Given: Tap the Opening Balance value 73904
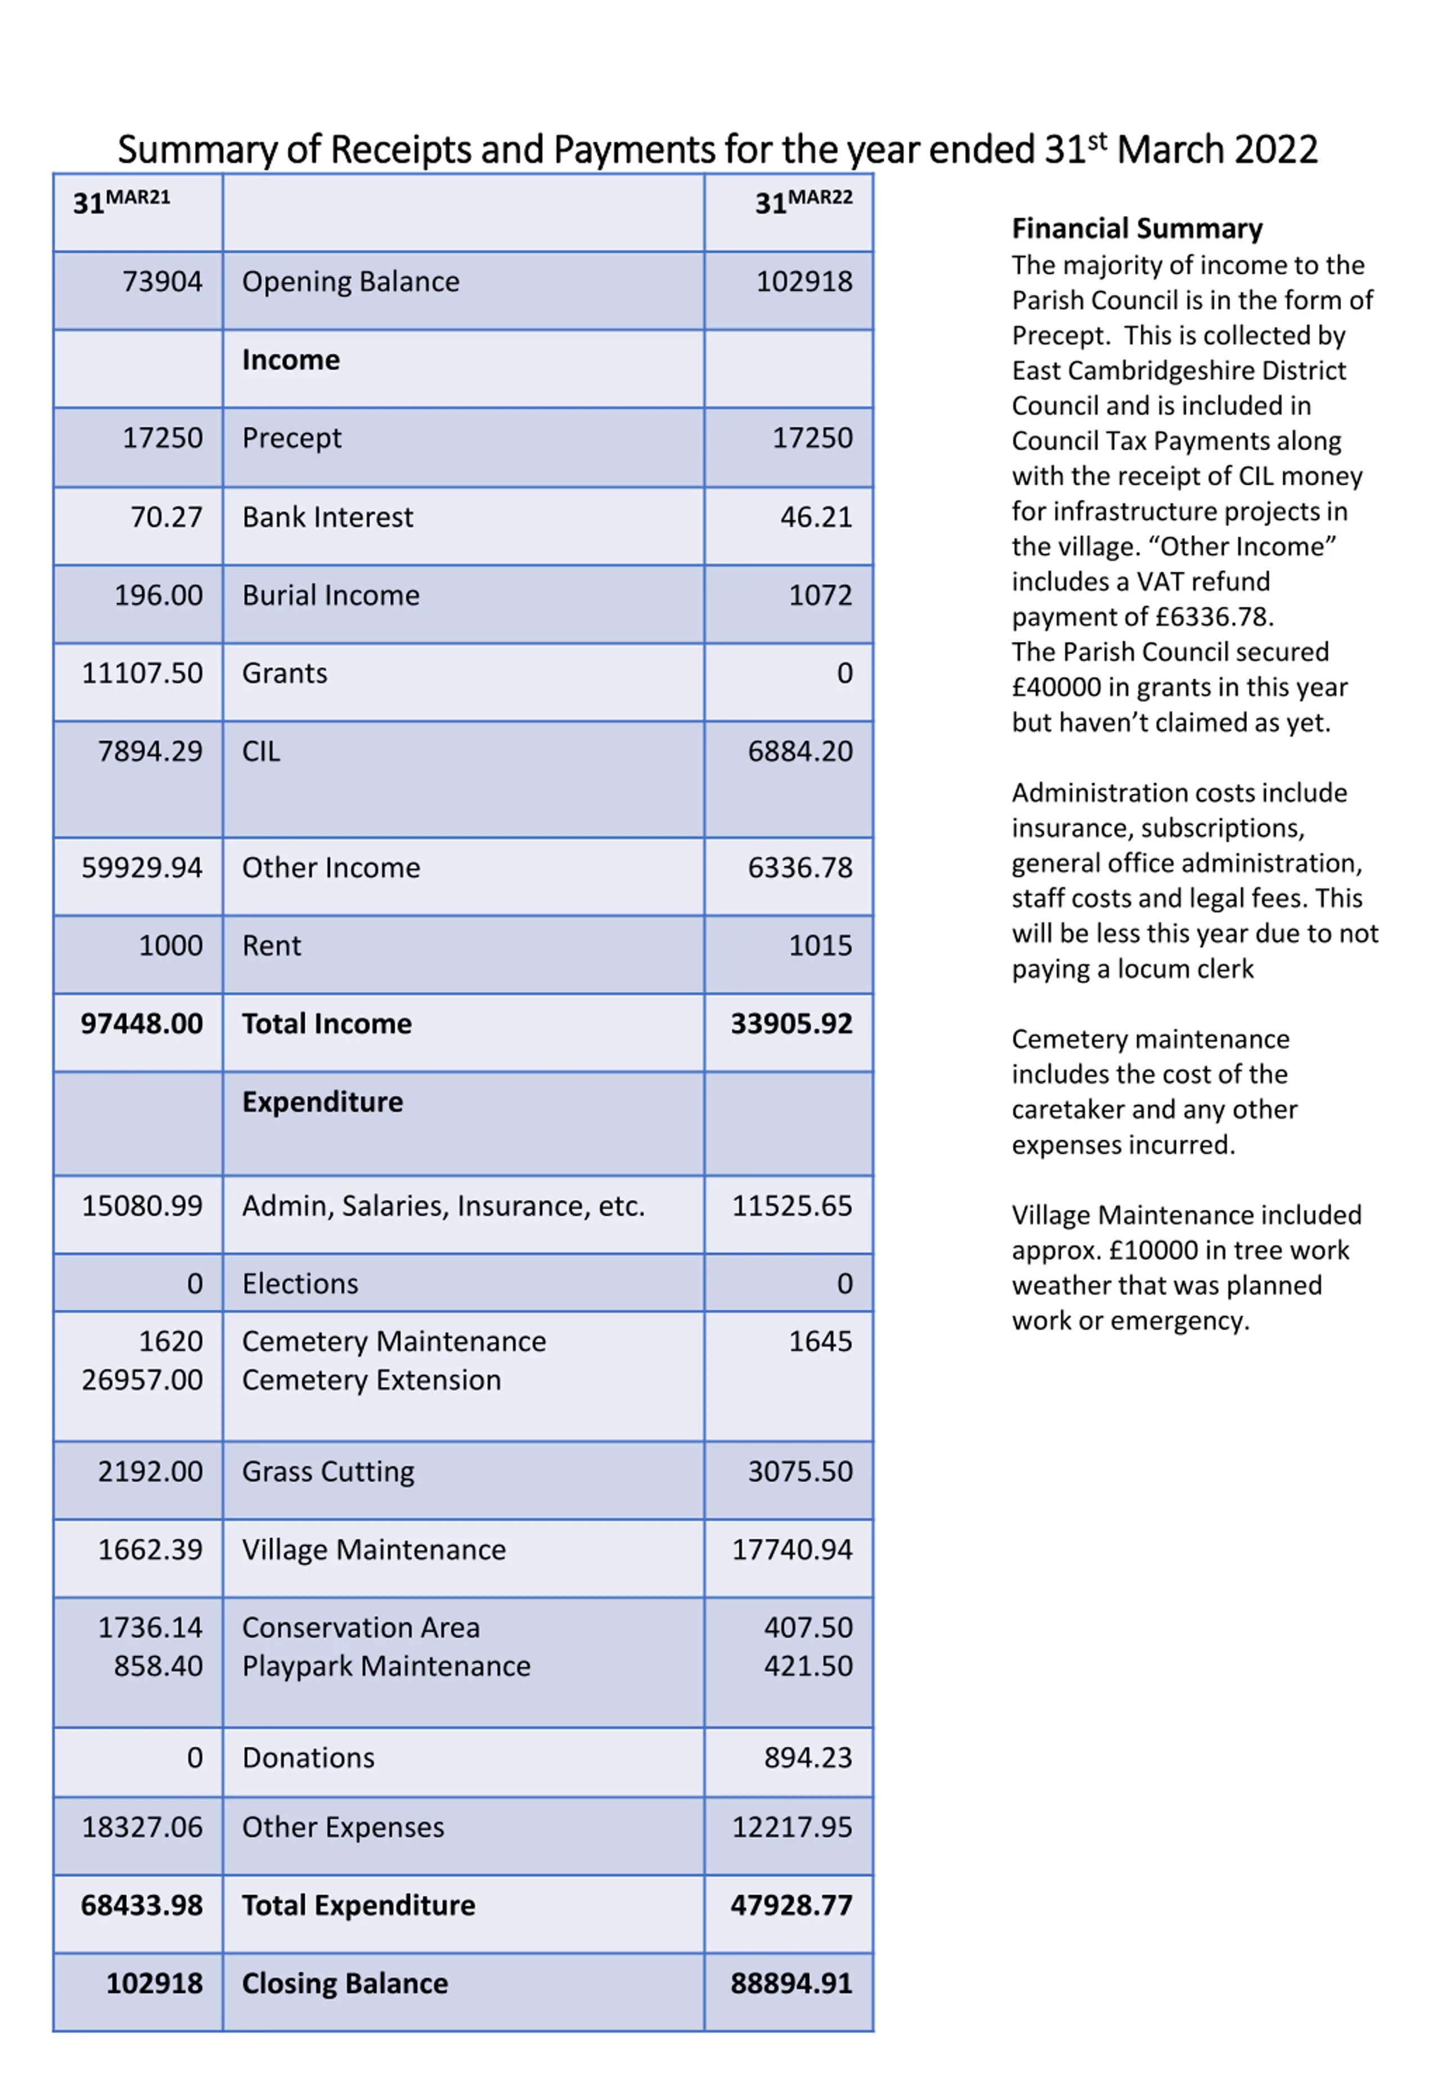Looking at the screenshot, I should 162,282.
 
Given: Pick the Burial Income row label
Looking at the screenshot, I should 331,596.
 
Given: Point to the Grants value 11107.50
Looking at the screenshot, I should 142,674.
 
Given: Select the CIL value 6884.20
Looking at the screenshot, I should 800,752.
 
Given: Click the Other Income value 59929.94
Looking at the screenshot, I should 142,868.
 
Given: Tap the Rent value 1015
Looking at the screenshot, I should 820,946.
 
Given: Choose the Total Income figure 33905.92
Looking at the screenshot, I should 791,1024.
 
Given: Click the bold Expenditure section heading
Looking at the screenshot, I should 323,1102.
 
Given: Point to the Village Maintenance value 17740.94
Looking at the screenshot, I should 791,1550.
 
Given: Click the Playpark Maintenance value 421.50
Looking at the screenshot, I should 808,1666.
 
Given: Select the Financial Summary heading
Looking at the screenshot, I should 1137,229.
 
